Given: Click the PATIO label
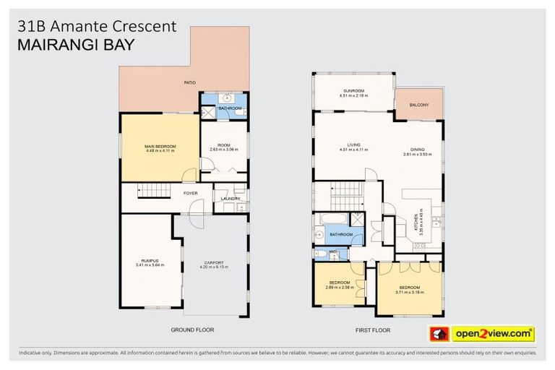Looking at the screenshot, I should pos(190,83).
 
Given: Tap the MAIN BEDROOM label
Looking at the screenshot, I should pos(160,146).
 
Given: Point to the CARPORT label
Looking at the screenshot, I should pos(213,262).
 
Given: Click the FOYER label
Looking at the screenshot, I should pos(190,194).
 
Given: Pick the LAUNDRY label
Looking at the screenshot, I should pos(231,199).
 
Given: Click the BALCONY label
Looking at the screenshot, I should pos(418,106).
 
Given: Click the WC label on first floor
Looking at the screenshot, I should pos(332,252).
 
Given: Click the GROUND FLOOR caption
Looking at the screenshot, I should pos(192,330).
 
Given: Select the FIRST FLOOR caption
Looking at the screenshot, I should pos(373,330).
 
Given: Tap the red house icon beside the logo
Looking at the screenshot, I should pos(439,334).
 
